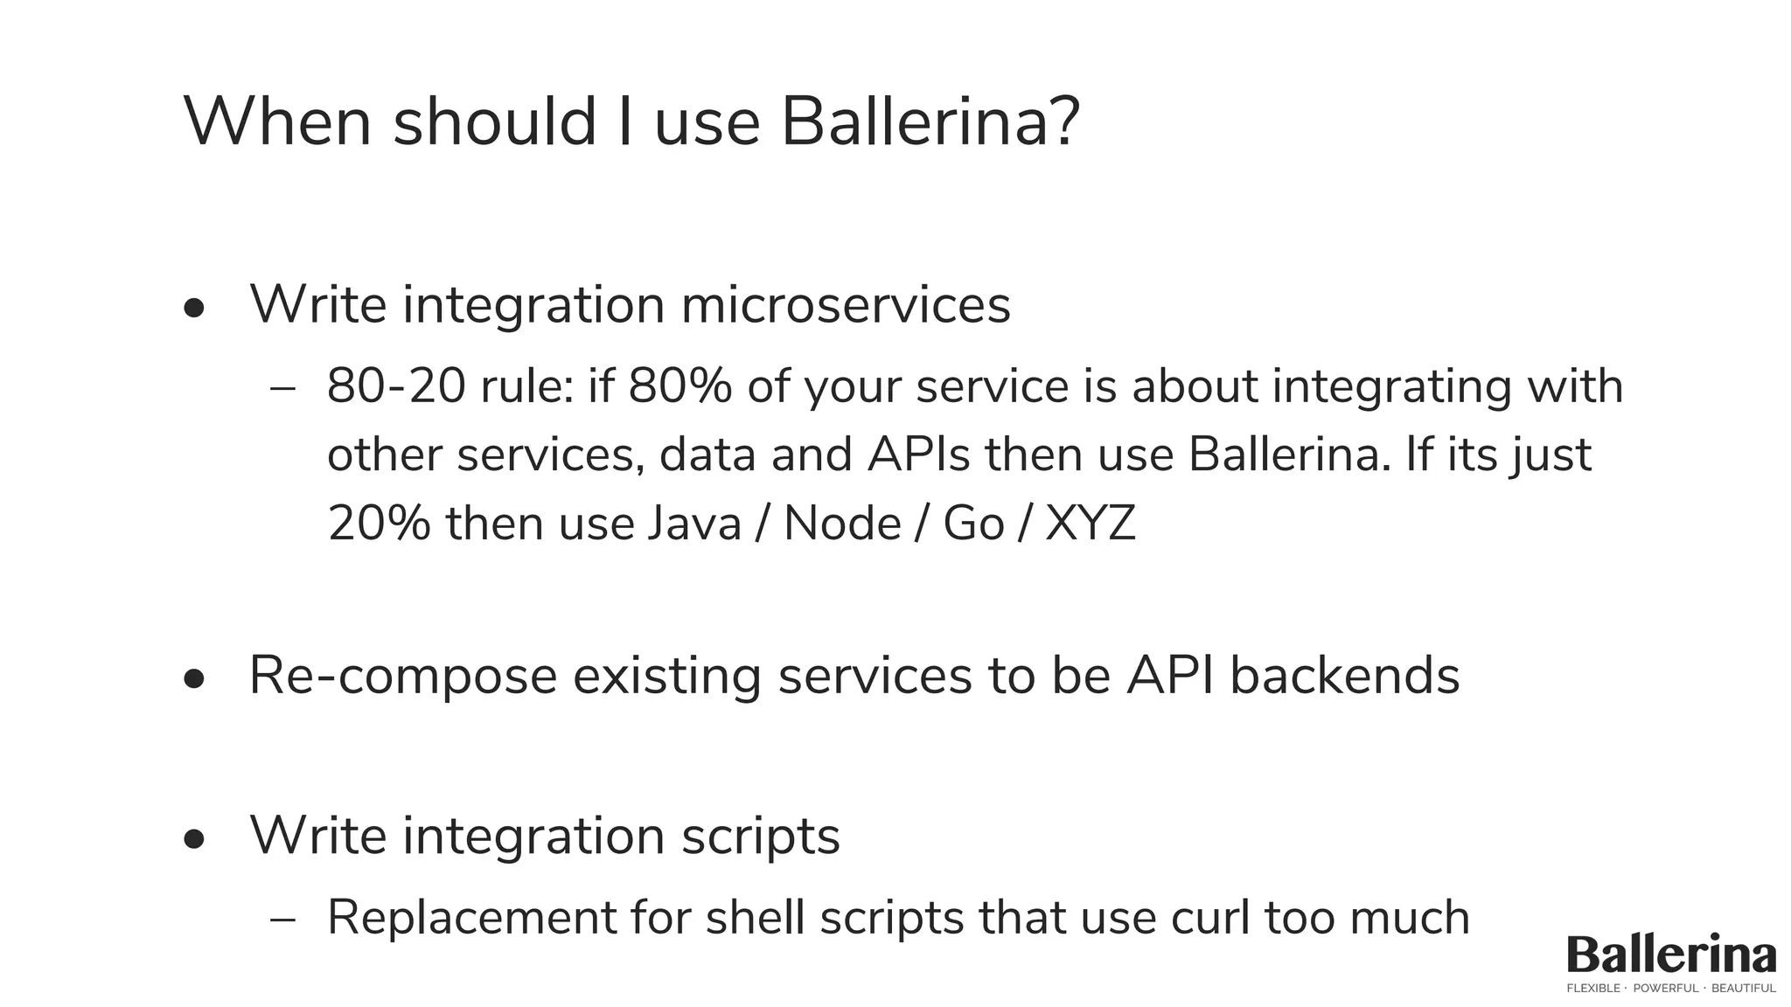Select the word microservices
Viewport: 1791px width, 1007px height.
point(845,305)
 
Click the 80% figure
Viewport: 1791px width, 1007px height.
point(679,386)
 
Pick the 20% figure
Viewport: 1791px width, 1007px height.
point(379,524)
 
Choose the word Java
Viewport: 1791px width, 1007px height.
point(694,524)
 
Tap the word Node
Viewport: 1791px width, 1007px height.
point(842,524)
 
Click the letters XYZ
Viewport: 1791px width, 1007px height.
point(1091,524)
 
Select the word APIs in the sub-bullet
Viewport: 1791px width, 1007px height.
point(918,455)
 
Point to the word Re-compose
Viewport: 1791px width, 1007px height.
point(403,677)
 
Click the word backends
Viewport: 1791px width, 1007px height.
point(1345,677)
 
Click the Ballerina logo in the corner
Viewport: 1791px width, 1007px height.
point(1671,955)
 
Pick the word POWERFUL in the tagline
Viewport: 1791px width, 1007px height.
point(1666,989)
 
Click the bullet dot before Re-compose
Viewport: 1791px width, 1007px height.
point(194,679)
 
